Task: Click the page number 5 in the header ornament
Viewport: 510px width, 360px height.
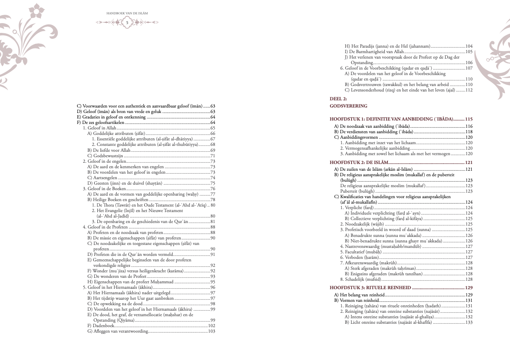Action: (x=127, y=22)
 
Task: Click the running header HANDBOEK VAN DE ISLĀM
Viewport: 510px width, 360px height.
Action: (x=127, y=13)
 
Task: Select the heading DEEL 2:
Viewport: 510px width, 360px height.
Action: (x=338, y=98)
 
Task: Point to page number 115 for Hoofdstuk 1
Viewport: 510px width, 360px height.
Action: (x=469, y=119)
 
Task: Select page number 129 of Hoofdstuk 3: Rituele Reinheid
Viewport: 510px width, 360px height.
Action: (x=469, y=287)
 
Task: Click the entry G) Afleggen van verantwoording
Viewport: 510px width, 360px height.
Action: (x=118, y=331)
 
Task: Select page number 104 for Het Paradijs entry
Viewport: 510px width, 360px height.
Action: (x=469, y=46)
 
